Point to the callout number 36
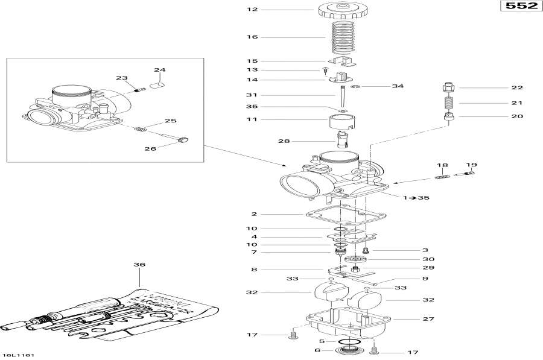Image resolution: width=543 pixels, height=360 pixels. (x=140, y=264)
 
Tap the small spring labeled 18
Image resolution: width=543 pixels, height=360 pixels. (x=443, y=176)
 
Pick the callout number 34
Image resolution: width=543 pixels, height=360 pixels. (x=397, y=86)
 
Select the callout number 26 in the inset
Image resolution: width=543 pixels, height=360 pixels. (x=151, y=148)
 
